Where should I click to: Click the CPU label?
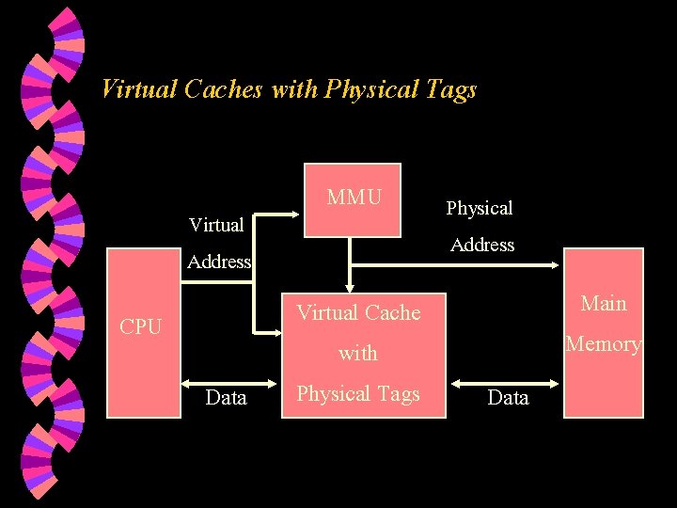[x=140, y=327]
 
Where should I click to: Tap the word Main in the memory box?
[x=604, y=303]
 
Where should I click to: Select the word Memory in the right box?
[x=604, y=344]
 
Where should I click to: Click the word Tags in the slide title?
[x=450, y=89]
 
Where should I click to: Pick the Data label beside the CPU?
[x=226, y=397]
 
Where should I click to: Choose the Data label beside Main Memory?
[x=508, y=398]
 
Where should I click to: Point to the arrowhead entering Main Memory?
[x=557, y=267]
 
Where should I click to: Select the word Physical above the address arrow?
[x=480, y=207]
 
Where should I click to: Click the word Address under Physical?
[x=482, y=245]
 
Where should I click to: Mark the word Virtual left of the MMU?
[x=216, y=225]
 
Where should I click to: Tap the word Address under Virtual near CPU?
[x=218, y=262]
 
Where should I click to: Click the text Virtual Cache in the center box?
[x=358, y=312]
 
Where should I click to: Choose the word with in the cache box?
[x=358, y=354]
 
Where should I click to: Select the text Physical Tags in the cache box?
[x=358, y=394]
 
